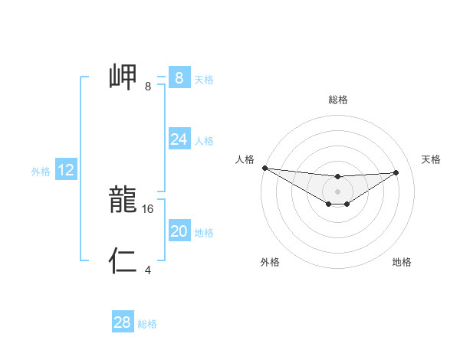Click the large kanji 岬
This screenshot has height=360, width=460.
point(123,78)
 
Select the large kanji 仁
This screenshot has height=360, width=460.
point(123,261)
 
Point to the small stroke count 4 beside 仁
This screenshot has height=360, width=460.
point(148,270)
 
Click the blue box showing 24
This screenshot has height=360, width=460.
point(179,139)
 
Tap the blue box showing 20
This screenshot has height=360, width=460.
point(179,231)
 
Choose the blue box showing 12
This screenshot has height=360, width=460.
point(66,170)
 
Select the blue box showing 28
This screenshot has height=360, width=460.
point(123,322)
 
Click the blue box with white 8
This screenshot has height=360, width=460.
point(179,78)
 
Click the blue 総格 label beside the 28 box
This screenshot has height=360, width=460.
point(147,324)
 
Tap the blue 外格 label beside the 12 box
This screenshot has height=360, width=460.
point(41,172)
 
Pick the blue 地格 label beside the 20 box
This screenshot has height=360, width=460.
point(204,233)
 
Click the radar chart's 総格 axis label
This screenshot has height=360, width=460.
point(337,100)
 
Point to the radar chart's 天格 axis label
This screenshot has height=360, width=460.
point(431,159)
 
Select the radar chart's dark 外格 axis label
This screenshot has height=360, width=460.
point(270,262)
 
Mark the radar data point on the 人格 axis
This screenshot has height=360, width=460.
point(264,168)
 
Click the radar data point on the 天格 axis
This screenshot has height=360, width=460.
point(396,172)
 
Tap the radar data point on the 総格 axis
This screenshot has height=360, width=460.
point(337,177)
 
